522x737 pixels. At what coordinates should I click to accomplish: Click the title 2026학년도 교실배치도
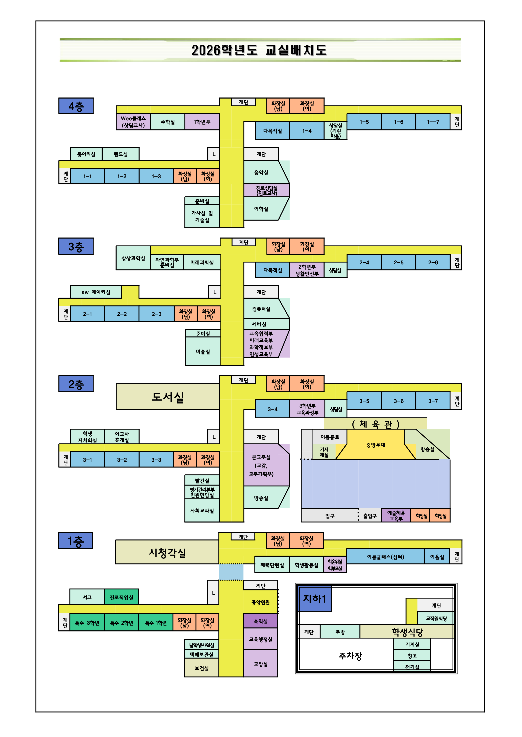259,50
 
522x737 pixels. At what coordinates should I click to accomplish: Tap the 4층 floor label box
76,106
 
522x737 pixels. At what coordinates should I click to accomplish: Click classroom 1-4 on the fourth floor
307,131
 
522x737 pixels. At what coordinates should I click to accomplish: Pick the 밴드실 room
121,154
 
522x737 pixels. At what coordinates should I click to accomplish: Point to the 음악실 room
261,173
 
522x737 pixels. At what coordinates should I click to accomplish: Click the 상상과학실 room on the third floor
133,258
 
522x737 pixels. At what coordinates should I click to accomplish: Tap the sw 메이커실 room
96,292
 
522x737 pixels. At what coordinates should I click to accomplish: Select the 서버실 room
259,324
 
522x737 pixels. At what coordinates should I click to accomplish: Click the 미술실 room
203,351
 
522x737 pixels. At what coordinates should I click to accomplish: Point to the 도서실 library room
167,397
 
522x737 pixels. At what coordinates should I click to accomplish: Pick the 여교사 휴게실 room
122,437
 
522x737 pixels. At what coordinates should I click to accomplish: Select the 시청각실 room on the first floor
167,553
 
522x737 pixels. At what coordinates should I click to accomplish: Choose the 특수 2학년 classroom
121,623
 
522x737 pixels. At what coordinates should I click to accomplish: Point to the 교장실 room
260,664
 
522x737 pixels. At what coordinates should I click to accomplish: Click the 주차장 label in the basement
350,656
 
